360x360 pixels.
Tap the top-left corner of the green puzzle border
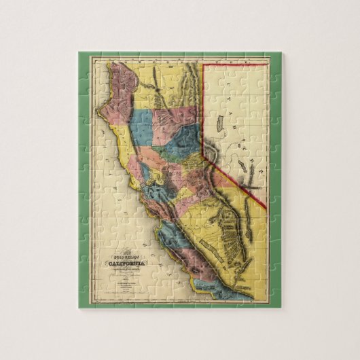[x=79, y=53]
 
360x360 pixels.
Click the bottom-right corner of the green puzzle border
[x=281, y=308]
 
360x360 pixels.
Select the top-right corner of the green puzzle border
[x=281, y=53]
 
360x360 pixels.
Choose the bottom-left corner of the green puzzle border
[x=79, y=308]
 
